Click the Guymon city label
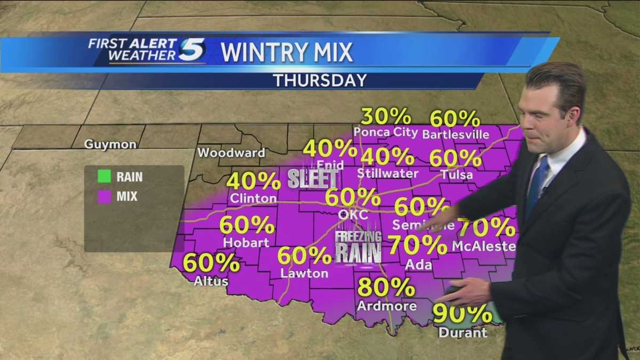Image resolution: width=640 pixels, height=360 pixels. tap(110, 145)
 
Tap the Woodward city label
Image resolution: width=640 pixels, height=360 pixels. tap(231, 153)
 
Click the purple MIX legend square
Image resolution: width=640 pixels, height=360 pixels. tap(104, 196)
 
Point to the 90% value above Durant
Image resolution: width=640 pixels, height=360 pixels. tap(462, 314)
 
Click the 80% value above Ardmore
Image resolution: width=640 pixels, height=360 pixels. tap(386, 287)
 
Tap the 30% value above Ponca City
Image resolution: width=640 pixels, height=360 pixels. tap(386, 116)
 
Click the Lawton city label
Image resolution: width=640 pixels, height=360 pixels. tap(304, 274)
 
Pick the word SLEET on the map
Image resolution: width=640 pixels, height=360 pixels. tap(313, 179)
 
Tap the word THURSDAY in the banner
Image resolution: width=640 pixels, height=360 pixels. tap(320, 81)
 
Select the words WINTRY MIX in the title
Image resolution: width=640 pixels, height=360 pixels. tap(287, 52)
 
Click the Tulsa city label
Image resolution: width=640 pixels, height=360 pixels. tap(457, 174)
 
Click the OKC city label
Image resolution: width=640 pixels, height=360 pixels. tap(353, 214)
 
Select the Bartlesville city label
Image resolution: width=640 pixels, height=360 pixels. tap(455, 134)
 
